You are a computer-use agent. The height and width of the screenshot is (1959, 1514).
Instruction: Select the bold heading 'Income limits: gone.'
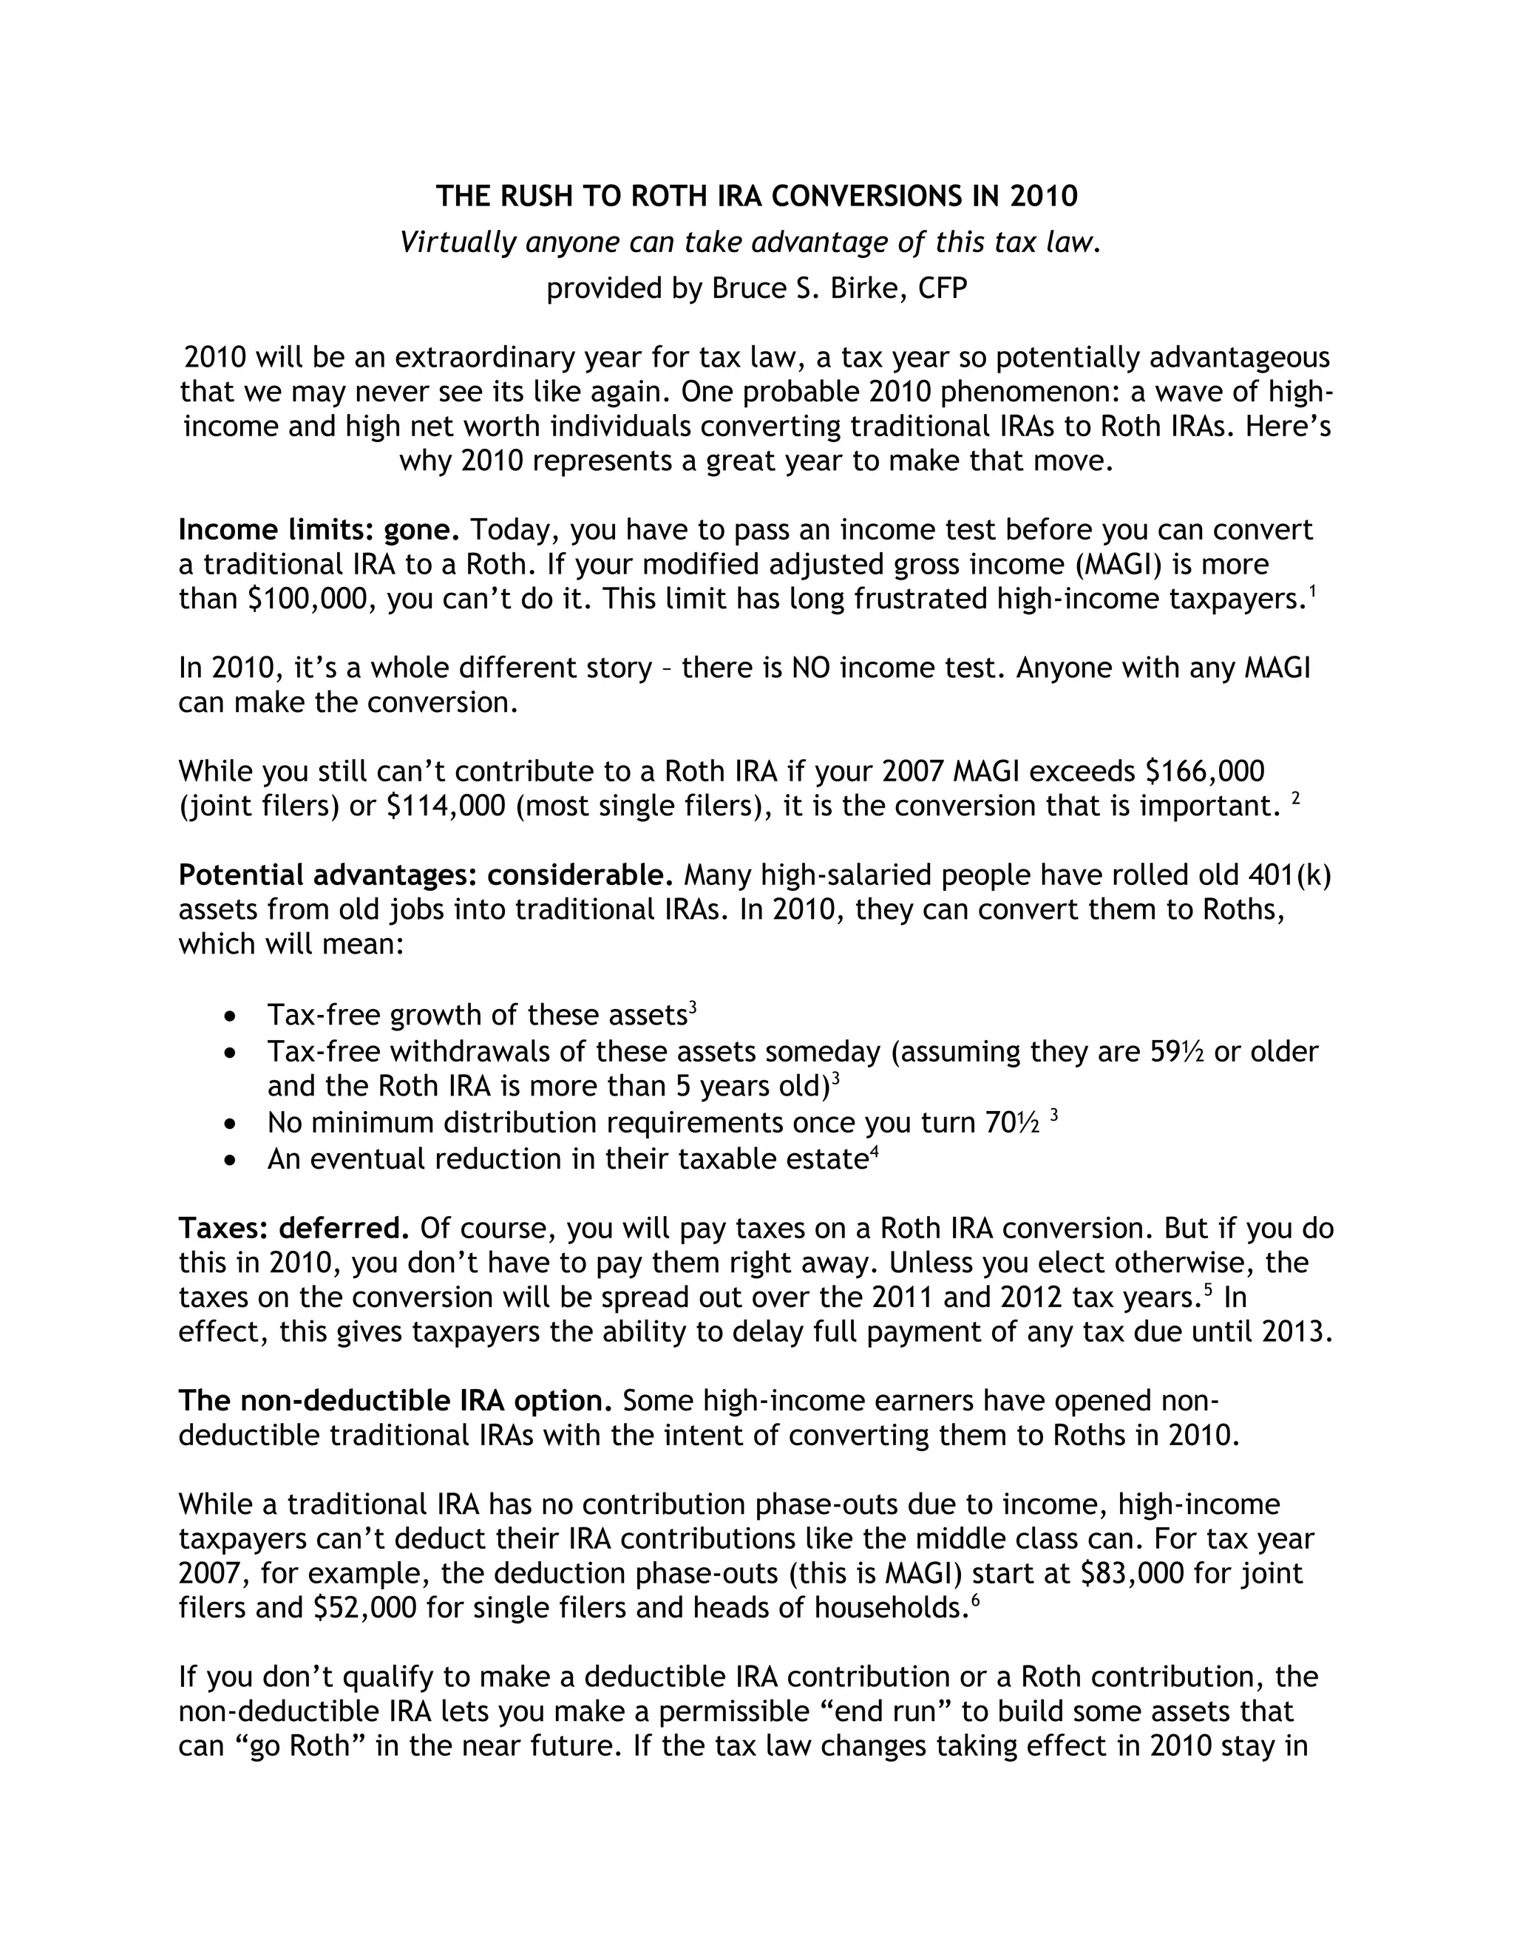click(319, 530)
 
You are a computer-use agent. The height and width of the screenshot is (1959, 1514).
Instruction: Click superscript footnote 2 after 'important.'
click(1295, 798)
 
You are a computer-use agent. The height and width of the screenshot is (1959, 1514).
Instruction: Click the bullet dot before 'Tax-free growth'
click(231, 1016)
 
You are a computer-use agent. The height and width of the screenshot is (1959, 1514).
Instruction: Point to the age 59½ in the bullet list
click(1177, 1051)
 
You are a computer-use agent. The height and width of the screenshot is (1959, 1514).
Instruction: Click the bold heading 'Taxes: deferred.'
click(294, 1228)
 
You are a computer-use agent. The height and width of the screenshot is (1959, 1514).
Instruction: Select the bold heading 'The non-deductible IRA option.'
click(396, 1400)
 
